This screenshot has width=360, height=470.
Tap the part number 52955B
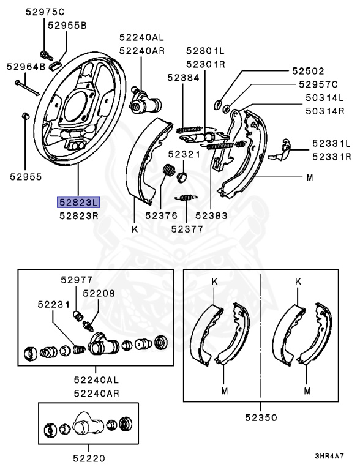click(x=67, y=25)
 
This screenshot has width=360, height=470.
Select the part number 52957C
click(x=318, y=84)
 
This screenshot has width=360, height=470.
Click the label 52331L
click(x=331, y=143)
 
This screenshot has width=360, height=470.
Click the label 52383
click(x=211, y=215)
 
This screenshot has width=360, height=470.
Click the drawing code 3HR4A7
click(x=329, y=457)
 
